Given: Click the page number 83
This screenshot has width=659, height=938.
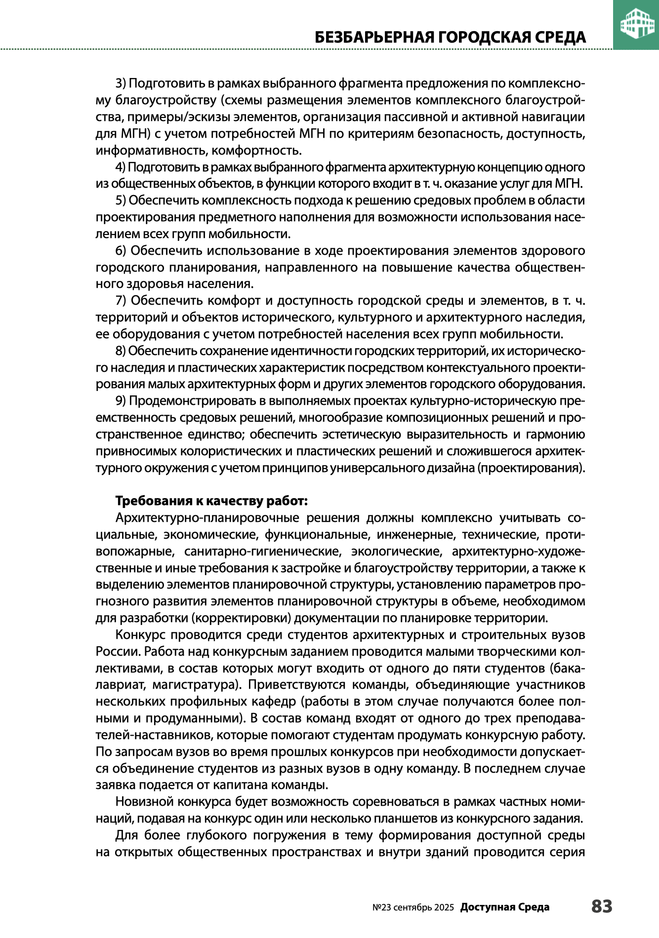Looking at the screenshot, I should [601, 906].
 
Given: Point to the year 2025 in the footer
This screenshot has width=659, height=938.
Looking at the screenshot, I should [444, 907].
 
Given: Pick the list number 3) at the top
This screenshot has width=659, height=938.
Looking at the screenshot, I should [122, 83].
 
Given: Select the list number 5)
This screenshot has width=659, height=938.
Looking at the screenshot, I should [122, 200].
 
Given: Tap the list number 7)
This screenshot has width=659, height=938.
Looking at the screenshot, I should [122, 301].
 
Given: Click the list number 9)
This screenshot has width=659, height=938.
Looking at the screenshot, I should [122, 401].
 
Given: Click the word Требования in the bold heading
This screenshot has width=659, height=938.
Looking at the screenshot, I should [154, 501].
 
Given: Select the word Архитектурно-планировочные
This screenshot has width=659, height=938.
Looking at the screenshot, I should [207, 518].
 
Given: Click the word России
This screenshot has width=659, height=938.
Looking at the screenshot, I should [118, 652].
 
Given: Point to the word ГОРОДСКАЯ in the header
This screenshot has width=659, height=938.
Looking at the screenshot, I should [487, 38].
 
